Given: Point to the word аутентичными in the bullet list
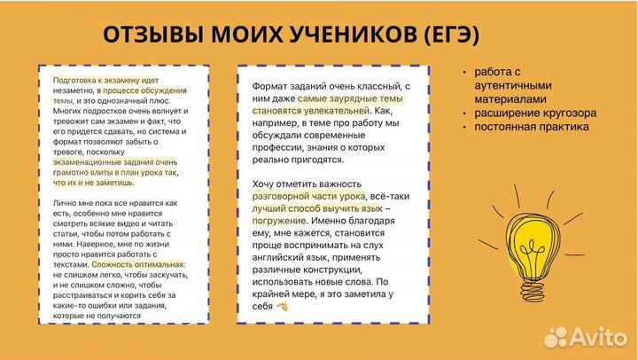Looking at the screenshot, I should pos(514,85).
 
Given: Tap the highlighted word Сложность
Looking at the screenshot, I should pos(116,264).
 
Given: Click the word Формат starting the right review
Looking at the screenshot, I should pos(260,85).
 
